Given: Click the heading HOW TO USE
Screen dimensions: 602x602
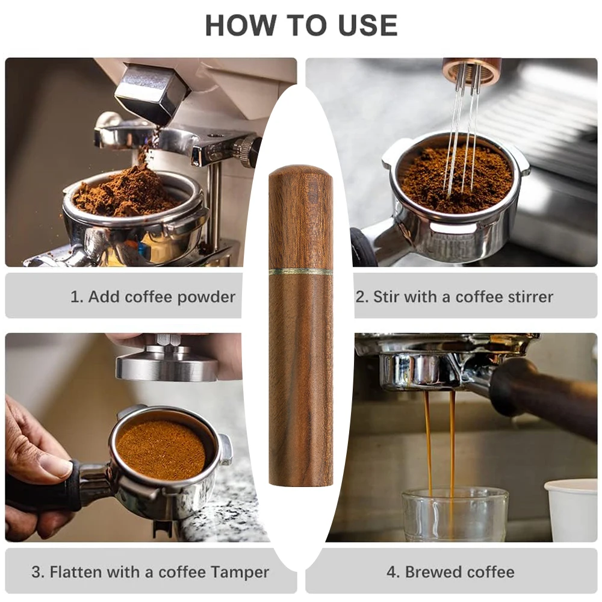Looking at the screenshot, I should point(301,25).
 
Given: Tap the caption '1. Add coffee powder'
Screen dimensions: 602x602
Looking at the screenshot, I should point(152,296).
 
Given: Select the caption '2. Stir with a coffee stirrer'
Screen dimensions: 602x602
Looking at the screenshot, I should point(455,296).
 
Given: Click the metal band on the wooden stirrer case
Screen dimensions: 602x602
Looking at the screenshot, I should point(300,272).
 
